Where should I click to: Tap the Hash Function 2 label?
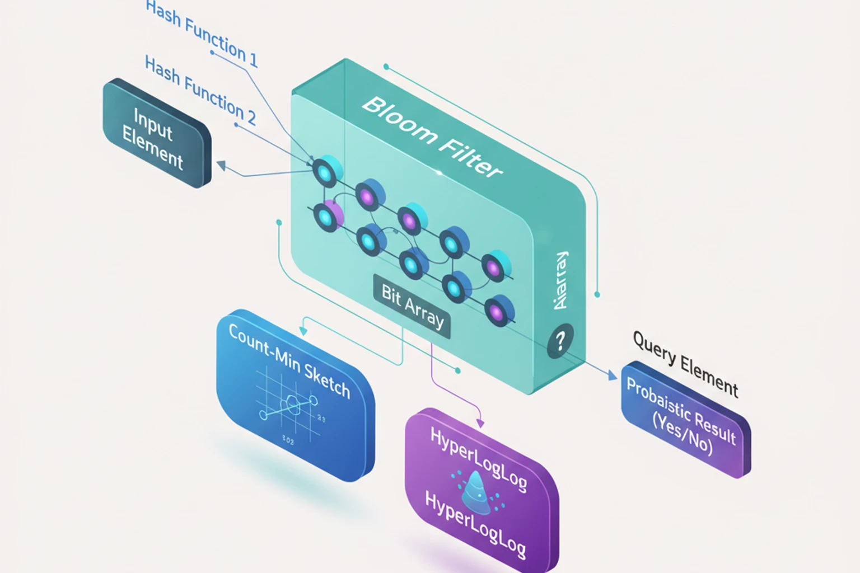(200, 90)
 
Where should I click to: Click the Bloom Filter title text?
(431, 137)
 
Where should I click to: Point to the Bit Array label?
(412, 307)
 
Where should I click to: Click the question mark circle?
(560, 340)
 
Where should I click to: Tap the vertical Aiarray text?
(560, 280)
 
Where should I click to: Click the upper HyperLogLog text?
(478, 459)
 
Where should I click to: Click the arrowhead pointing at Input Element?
(221, 165)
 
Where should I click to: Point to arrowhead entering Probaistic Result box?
(611, 374)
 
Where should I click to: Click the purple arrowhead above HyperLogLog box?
(479, 424)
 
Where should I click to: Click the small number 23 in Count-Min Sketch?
(321, 418)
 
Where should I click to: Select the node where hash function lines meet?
(324, 172)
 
